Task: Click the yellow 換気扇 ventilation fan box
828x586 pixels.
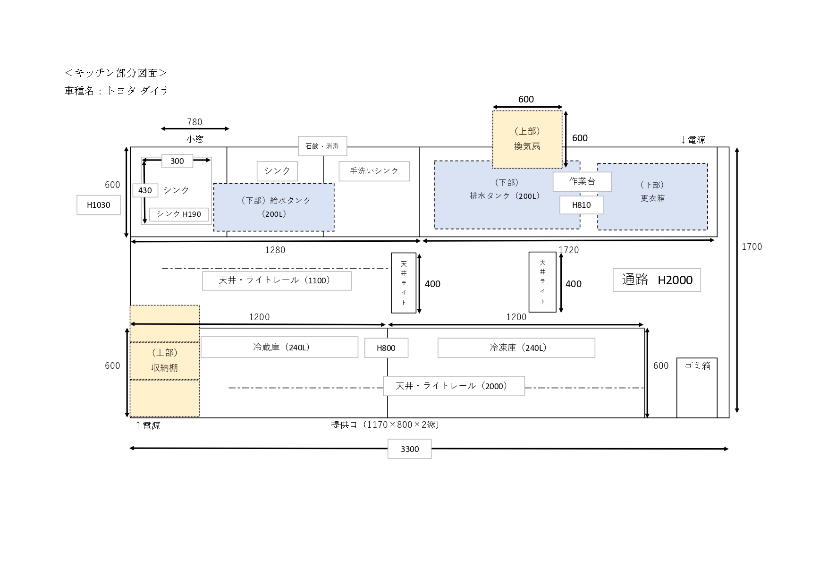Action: (527, 139)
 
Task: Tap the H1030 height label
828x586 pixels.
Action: (99, 205)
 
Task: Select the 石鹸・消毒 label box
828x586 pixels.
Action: (322, 146)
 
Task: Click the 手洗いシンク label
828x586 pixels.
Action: (374, 171)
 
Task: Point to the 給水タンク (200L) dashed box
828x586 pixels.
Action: (274, 207)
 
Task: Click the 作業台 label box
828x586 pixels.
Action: (582, 181)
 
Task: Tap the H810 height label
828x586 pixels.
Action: (581, 205)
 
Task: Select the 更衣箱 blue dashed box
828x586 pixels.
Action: (652, 196)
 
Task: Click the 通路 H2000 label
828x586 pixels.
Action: (656, 280)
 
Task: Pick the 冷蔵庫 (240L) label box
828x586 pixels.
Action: (279, 348)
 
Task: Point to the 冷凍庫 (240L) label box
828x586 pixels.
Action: (516, 348)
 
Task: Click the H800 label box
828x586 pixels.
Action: (386, 348)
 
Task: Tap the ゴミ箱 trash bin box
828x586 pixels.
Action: (697, 387)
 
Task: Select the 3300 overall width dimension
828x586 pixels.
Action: (409, 449)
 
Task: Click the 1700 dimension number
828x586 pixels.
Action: (752, 246)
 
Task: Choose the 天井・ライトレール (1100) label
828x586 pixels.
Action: (277, 280)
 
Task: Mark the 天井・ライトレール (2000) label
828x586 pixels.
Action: (454, 386)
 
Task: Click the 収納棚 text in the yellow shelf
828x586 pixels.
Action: (164, 367)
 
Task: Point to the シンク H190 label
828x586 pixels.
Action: (178, 214)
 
